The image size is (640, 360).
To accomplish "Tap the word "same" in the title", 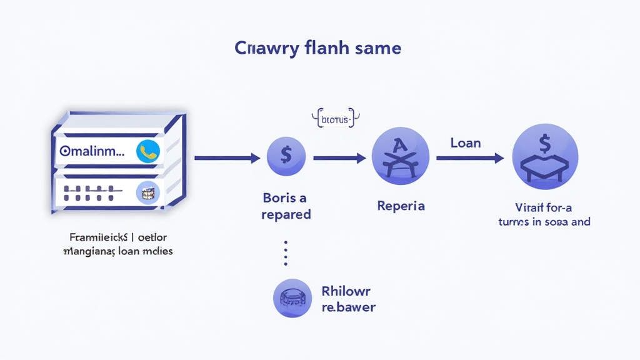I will click(x=378, y=48).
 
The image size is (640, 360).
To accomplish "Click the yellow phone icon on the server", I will click(x=148, y=151).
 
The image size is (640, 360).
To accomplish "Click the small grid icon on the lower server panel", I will click(x=148, y=193).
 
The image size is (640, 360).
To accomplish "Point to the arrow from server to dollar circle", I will click(x=227, y=158).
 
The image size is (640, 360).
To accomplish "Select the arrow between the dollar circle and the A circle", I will click(x=339, y=158).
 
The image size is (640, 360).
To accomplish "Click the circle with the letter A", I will click(x=400, y=155).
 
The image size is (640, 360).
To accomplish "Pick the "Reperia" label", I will click(x=401, y=206).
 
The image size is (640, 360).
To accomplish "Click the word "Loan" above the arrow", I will click(x=466, y=143).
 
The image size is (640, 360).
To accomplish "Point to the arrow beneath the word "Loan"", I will click(x=469, y=159).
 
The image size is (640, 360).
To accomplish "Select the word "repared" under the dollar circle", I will click(x=286, y=214).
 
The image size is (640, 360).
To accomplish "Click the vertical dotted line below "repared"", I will click(x=286, y=253).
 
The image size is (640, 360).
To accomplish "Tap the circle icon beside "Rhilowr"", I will click(x=292, y=298).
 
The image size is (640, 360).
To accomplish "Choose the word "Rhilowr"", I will click(x=346, y=291).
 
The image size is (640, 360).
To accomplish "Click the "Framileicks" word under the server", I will click(x=94, y=237).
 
